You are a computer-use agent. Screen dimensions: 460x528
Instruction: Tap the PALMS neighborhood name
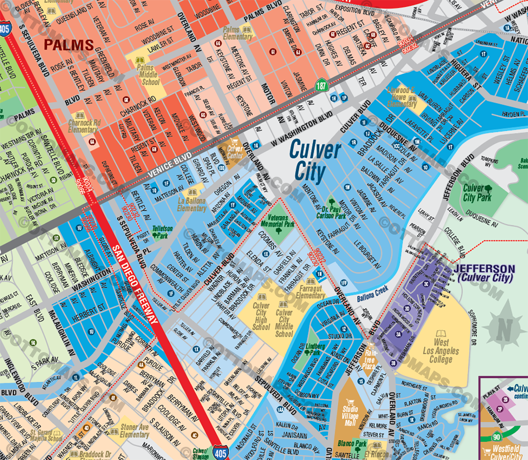[x=69, y=45]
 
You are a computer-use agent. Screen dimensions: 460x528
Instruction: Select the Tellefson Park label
[x=162, y=232]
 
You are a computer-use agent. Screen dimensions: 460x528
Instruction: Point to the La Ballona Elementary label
[x=191, y=204]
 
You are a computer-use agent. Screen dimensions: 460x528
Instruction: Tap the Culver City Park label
[x=477, y=193]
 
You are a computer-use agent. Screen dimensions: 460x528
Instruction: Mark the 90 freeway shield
[x=496, y=437]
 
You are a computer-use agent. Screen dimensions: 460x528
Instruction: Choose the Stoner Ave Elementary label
[x=134, y=431]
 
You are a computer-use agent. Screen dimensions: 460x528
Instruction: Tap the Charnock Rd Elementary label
[x=84, y=126]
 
